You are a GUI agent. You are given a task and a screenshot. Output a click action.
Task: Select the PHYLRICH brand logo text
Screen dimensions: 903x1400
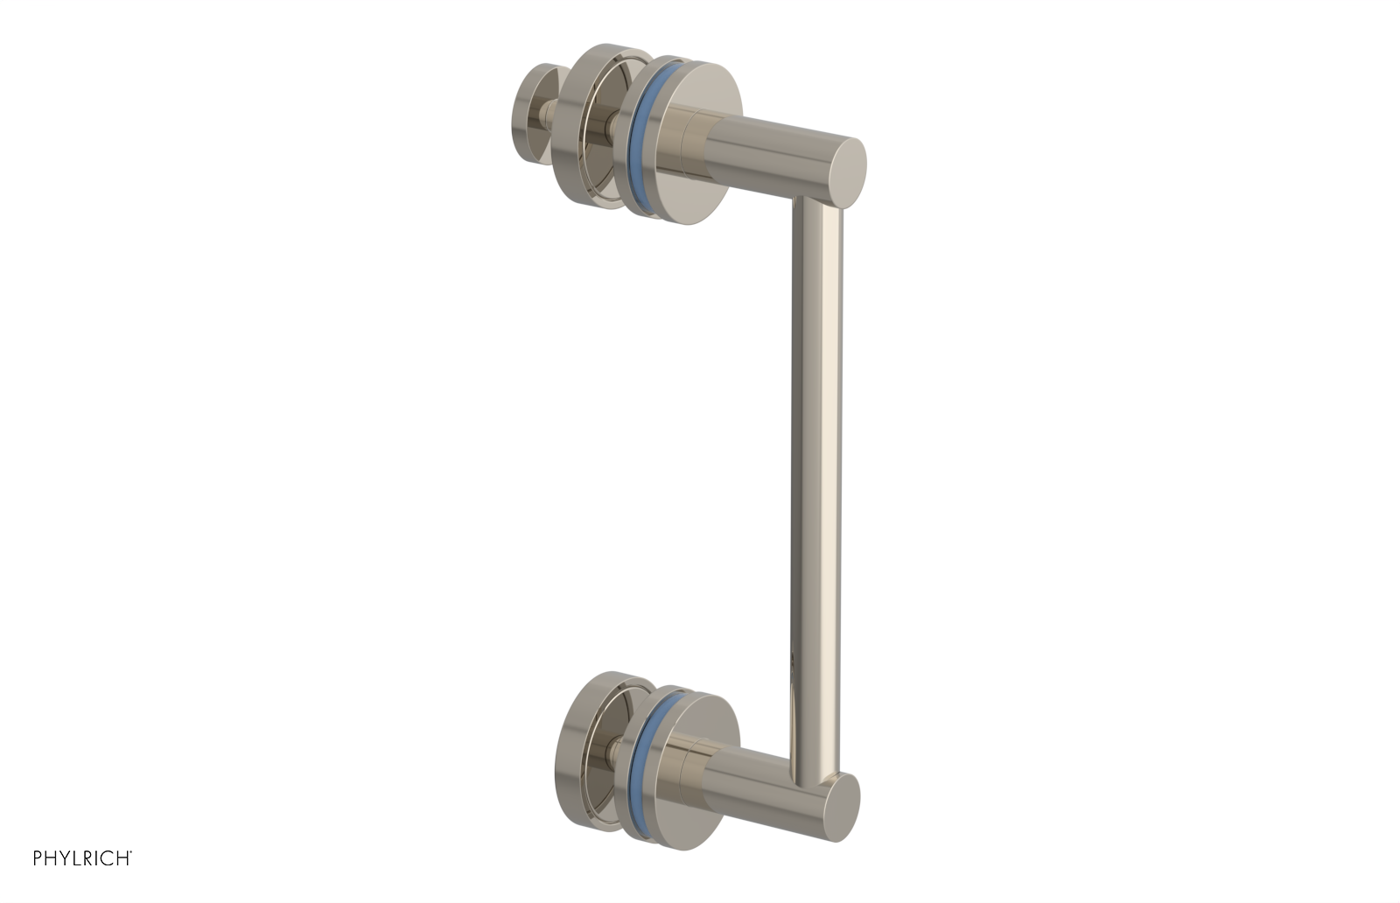(82, 858)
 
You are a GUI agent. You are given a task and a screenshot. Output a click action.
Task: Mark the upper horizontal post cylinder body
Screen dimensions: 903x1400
(770, 153)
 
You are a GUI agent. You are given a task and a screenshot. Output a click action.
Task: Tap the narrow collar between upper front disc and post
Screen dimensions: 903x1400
(704, 144)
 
